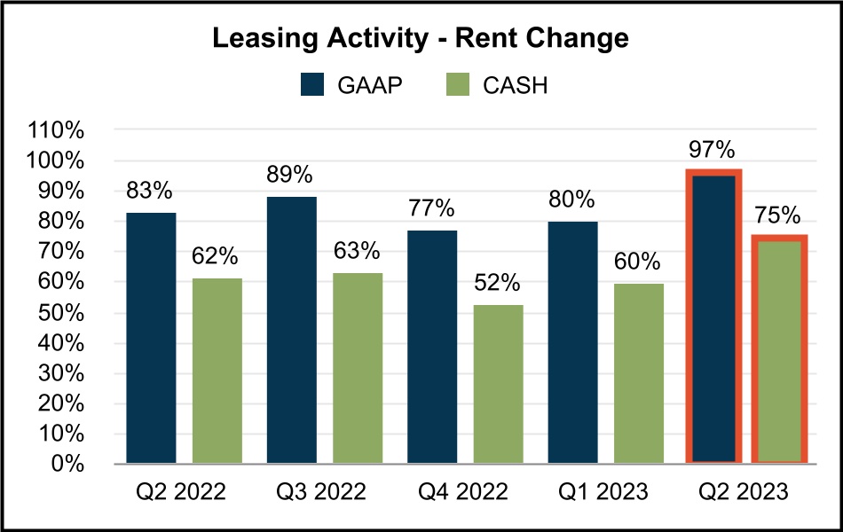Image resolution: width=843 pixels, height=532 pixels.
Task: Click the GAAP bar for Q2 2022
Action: [x=151, y=337]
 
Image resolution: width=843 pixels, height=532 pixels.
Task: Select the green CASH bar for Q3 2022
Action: [x=358, y=368]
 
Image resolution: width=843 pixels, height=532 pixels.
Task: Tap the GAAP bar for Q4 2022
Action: [x=432, y=346]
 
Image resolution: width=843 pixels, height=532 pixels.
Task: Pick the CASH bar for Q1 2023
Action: [x=639, y=372]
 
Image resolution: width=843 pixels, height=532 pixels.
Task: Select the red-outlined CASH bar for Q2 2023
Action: [x=779, y=350]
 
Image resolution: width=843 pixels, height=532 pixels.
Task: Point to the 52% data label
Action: [x=498, y=285]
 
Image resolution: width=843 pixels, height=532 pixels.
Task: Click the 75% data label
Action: [x=778, y=215]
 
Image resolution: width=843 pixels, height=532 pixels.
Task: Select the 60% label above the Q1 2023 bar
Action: [x=638, y=262]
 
